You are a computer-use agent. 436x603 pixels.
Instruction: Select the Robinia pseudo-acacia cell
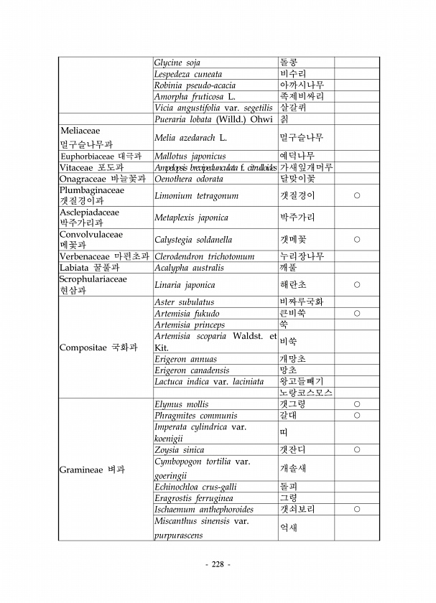(x=189, y=85)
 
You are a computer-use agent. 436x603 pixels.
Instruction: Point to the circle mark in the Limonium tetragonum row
(x=356, y=195)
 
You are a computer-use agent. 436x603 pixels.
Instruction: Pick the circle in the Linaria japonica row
(x=356, y=284)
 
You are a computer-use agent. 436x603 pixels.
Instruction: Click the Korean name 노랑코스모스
(x=305, y=393)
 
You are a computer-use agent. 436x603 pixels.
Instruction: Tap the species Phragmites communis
(x=195, y=415)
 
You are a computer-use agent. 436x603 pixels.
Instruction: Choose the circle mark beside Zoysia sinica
(x=356, y=449)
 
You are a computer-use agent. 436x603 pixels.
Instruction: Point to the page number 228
(x=218, y=564)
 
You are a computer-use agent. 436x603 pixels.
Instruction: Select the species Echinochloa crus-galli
(x=195, y=487)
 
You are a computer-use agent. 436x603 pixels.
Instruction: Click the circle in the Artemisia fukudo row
(x=356, y=313)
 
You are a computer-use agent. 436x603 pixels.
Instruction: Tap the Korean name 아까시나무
(x=302, y=85)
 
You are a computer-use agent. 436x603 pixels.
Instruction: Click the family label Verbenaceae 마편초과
(x=104, y=256)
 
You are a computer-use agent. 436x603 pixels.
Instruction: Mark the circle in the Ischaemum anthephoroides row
(x=356, y=509)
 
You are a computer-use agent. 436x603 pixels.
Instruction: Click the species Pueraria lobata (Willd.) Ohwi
(x=213, y=118)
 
